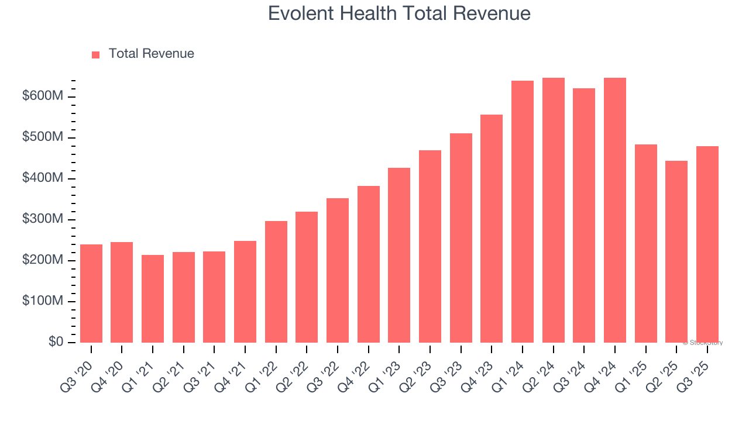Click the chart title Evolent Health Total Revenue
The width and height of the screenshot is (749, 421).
click(399, 13)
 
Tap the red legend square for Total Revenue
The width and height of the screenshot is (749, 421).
click(96, 54)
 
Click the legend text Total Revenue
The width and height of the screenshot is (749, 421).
click(151, 54)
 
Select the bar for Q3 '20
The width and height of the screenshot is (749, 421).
click(91, 294)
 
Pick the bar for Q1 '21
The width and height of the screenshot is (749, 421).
click(153, 299)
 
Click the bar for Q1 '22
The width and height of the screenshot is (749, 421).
click(276, 282)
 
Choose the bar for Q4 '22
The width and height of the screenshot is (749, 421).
click(368, 264)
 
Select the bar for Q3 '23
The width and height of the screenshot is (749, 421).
click(461, 238)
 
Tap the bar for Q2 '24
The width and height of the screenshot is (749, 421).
click(553, 210)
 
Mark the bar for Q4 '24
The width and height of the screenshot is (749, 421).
click(614, 210)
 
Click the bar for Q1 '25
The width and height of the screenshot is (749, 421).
click(645, 243)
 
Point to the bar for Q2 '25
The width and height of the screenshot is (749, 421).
click(676, 251)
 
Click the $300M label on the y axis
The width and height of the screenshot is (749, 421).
click(43, 219)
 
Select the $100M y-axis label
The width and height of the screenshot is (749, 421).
click(43, 301)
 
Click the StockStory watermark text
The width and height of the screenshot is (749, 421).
click(703, 343)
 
